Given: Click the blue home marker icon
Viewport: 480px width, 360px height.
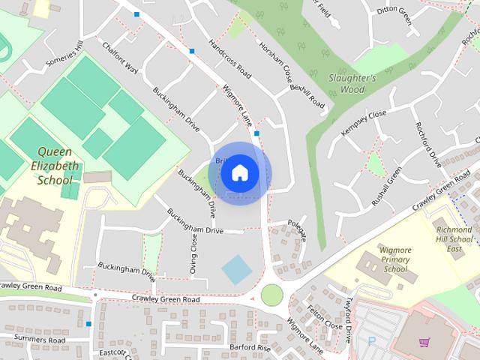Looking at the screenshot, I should pos(239,173).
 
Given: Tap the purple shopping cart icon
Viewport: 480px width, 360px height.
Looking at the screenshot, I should pos(424,342).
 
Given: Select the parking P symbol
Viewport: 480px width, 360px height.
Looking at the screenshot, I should pos(372,340).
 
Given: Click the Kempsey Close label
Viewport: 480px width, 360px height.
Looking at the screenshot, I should pos(363,121).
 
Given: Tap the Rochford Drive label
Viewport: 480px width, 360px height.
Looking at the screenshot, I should pos(428,143).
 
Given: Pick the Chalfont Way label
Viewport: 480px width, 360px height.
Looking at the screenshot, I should pos(121,57).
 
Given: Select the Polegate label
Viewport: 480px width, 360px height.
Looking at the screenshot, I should pos(298,229).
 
